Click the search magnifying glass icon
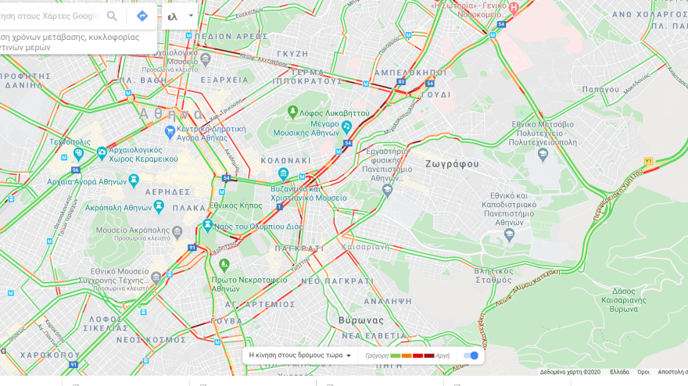coord(112,16)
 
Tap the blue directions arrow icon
coord(142,16)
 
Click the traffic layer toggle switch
coord(471,356)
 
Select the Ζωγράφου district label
coord(452,164)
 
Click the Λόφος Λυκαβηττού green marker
coord(292,113)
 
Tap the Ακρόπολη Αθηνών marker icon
coord(159,206)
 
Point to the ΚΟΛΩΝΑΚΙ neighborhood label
coord(285,160)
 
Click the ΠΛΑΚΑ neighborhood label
coord(189,209)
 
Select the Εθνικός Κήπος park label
coord(235,206)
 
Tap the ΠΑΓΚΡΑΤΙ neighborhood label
coord(299,248)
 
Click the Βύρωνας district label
coord(360,320)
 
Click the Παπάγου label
coord(600,89)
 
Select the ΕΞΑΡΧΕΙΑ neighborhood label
coord(224,80)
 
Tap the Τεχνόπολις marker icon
coord(78,154)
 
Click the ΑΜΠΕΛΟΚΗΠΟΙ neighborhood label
coord(410,73)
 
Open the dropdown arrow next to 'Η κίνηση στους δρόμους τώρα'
coord(349,356)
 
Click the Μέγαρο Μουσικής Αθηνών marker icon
coord(346,127)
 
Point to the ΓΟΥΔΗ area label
coord(435,95)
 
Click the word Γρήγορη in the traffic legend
coord(376,356)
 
